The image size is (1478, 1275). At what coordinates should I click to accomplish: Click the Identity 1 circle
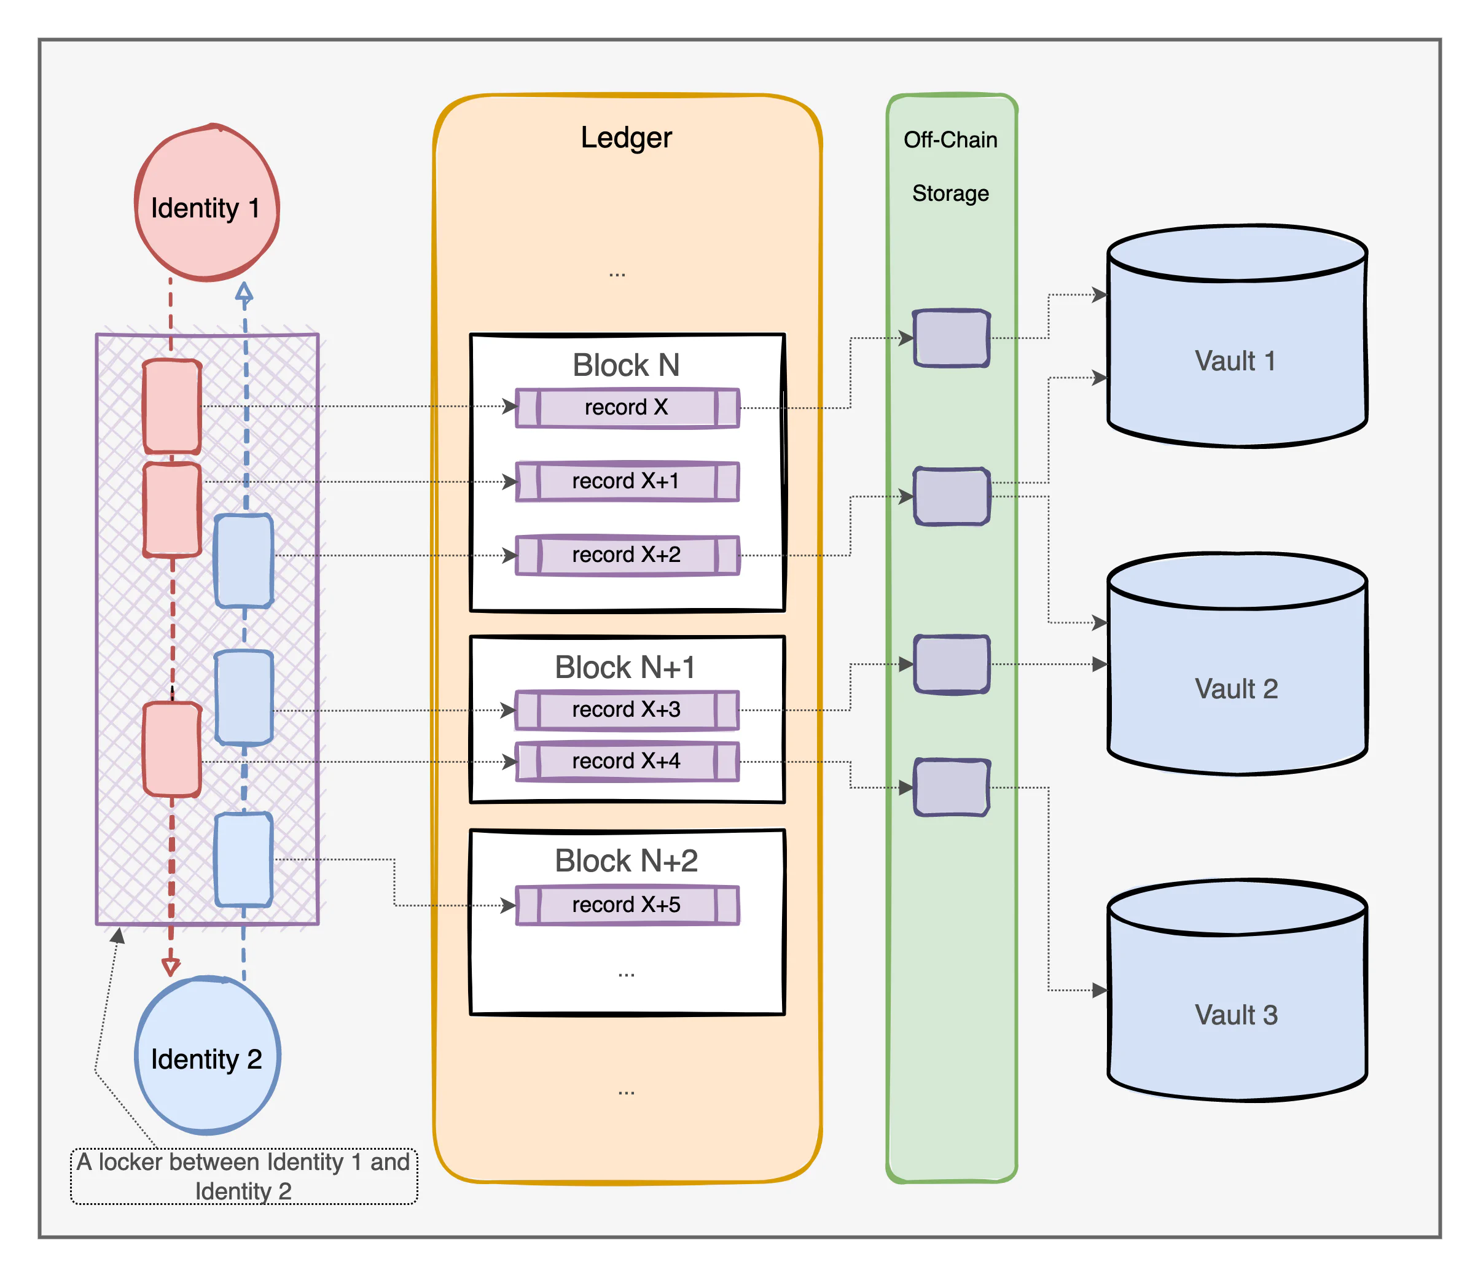(207, 203)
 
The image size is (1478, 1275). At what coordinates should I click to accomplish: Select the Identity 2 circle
(207, 1056)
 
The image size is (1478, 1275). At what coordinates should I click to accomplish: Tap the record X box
(627, 408)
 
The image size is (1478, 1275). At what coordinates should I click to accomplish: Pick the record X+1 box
(627, 482)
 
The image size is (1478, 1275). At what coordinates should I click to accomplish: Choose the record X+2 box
(627, 555)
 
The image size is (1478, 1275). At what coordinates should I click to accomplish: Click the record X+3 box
(627, 709)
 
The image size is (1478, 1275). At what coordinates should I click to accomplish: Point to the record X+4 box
(627, 762)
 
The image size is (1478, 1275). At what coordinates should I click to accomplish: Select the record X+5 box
(627, 905)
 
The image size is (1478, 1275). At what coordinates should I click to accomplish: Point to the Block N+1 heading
(625, 668)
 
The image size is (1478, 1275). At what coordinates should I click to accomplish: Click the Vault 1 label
(1235, 361)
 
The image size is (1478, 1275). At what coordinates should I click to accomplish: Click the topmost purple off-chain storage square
(952, 338)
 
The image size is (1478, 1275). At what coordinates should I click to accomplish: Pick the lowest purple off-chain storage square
(952, 787)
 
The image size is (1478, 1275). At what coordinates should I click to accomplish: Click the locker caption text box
(243, 1176)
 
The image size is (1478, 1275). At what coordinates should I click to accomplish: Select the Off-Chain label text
(950, 140)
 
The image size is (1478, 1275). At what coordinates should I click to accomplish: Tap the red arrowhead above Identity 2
(171, 967)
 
